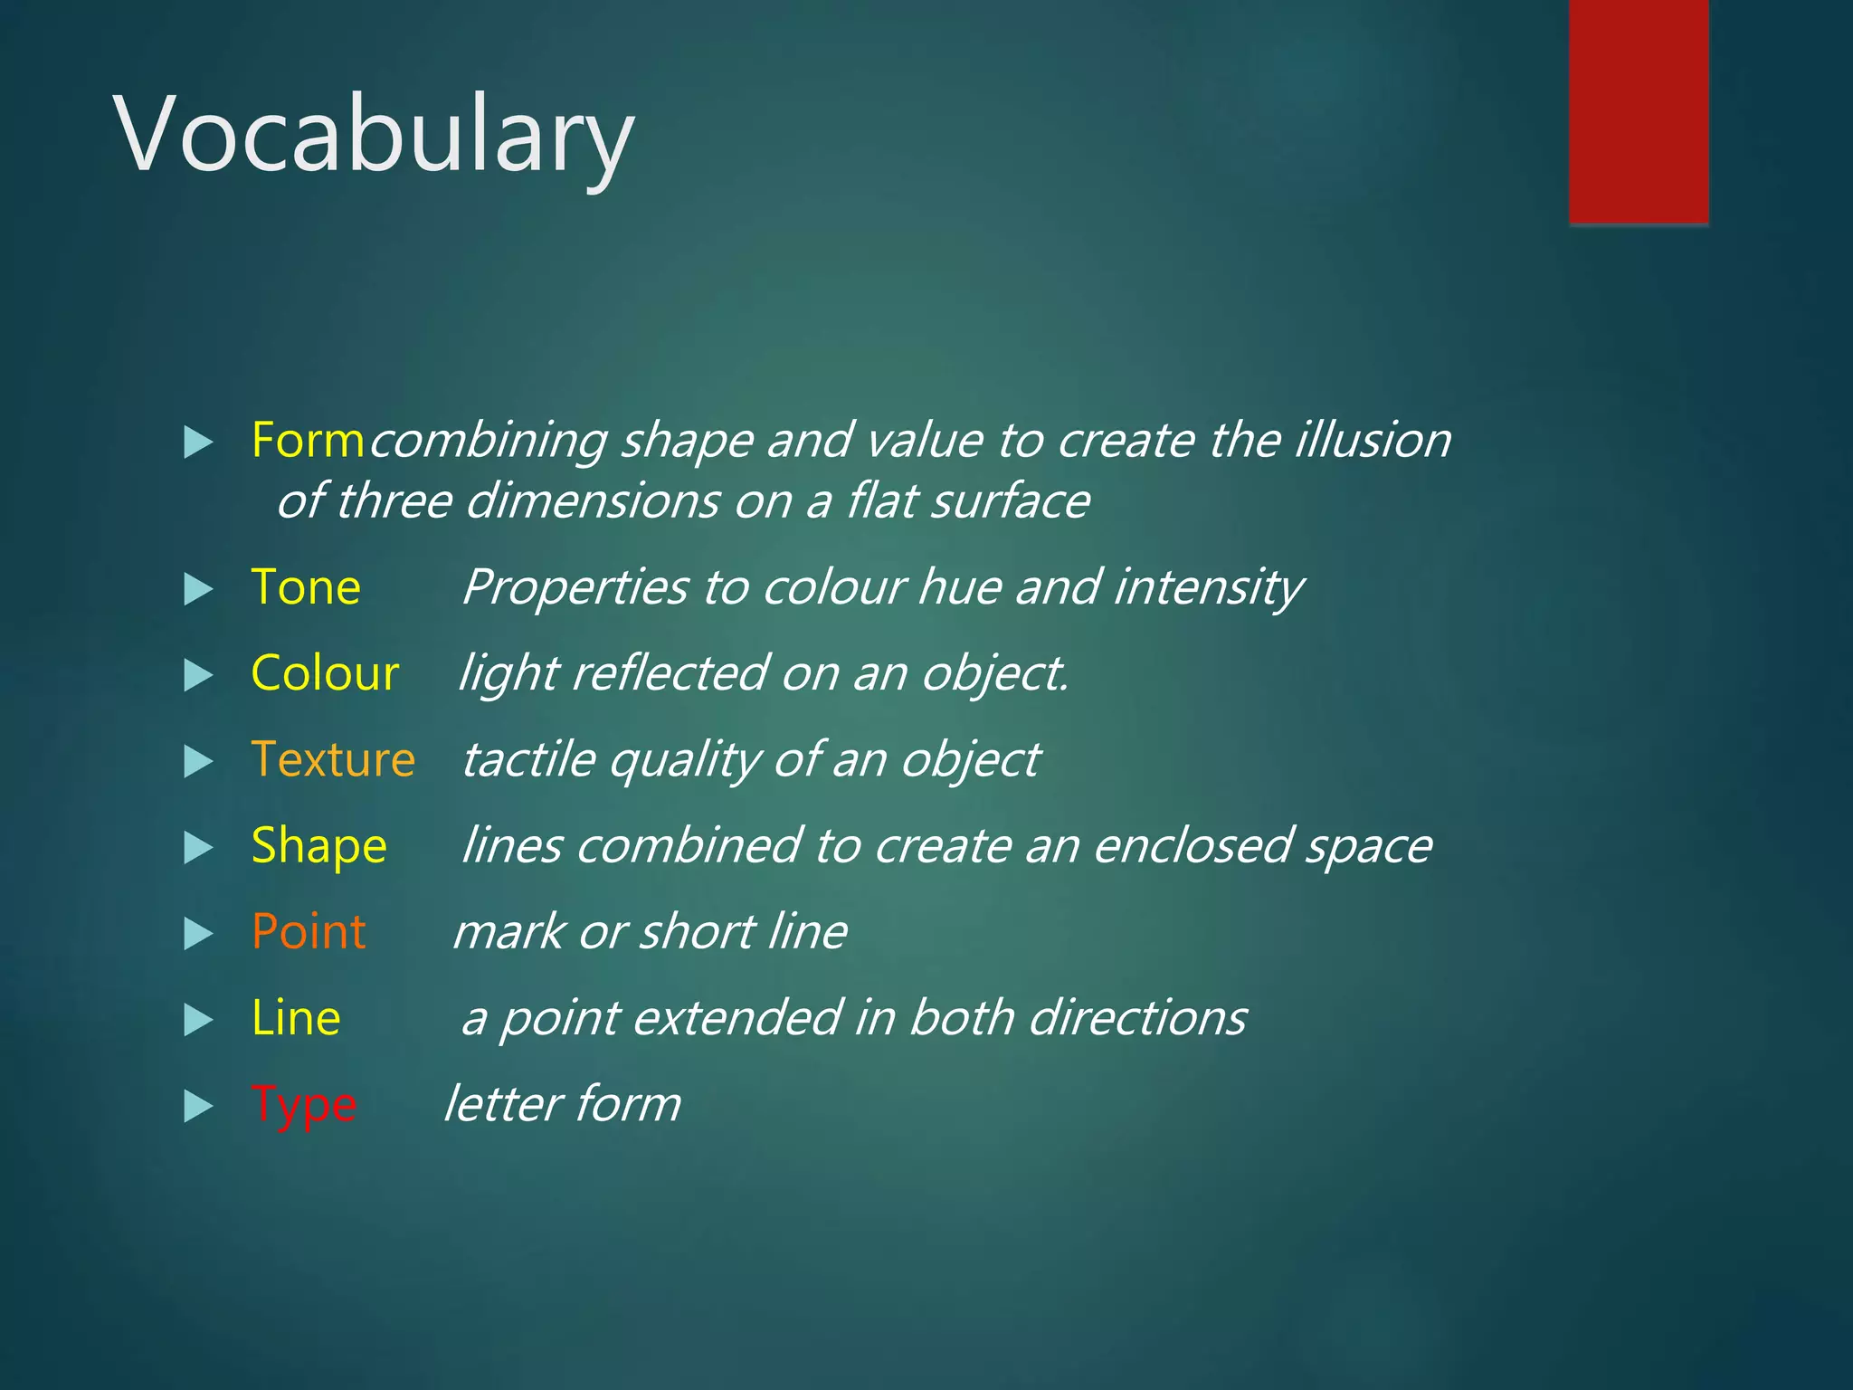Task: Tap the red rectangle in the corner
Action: pyautogui.click(x=1639, y=110)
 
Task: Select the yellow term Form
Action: pyautogui.click(x=308, y=441)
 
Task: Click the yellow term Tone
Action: pyautogui.click(x=306, y=587)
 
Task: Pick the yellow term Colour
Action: pyautogui.click(x=325, y=673)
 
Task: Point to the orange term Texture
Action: pyautogui.click(x=333, y=759)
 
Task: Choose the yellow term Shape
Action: pyautogui.click(x=318, y=846)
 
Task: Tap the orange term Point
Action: pyautogui.click(x=309, y=932)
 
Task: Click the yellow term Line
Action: pyautogui.click(x=296, y=1018)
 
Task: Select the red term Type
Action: pyautogui.click(x=304, y=1105)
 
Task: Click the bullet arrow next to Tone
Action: pyautogui.click(x=198, y=590)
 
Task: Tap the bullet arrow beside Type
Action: pyautogui.click(x=198, y=1107)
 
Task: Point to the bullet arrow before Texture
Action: pyautogui.click(x=198, y=762)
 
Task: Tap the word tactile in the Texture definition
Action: pyautogui.click(x=528, y=759)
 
